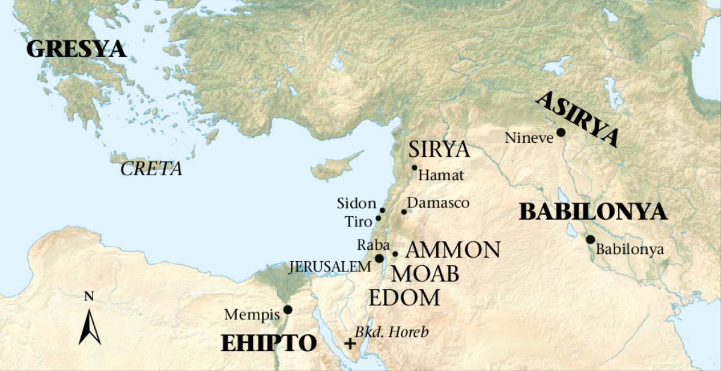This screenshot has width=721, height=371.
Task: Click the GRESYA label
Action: point(76,49)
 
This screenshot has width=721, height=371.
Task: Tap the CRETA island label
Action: point(151,169)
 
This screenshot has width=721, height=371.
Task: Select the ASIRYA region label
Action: point(576,119)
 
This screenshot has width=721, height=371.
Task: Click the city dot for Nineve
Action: point(561,132)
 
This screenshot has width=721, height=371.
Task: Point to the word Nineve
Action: point(529,138)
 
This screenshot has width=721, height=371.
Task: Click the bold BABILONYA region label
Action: point(593,212)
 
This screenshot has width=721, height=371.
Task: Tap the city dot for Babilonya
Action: point(590,240)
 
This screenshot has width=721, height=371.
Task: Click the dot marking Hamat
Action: point(414,167)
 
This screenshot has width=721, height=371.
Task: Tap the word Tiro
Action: point(359,221)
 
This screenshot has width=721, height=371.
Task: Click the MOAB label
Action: point(425,274)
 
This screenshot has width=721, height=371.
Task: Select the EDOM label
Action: point(404,297)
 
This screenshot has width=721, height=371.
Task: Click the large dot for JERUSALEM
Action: point(379,258)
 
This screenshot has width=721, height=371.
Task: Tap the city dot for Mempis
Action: point(288,310)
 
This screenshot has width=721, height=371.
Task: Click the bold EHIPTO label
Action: point(269,343)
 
